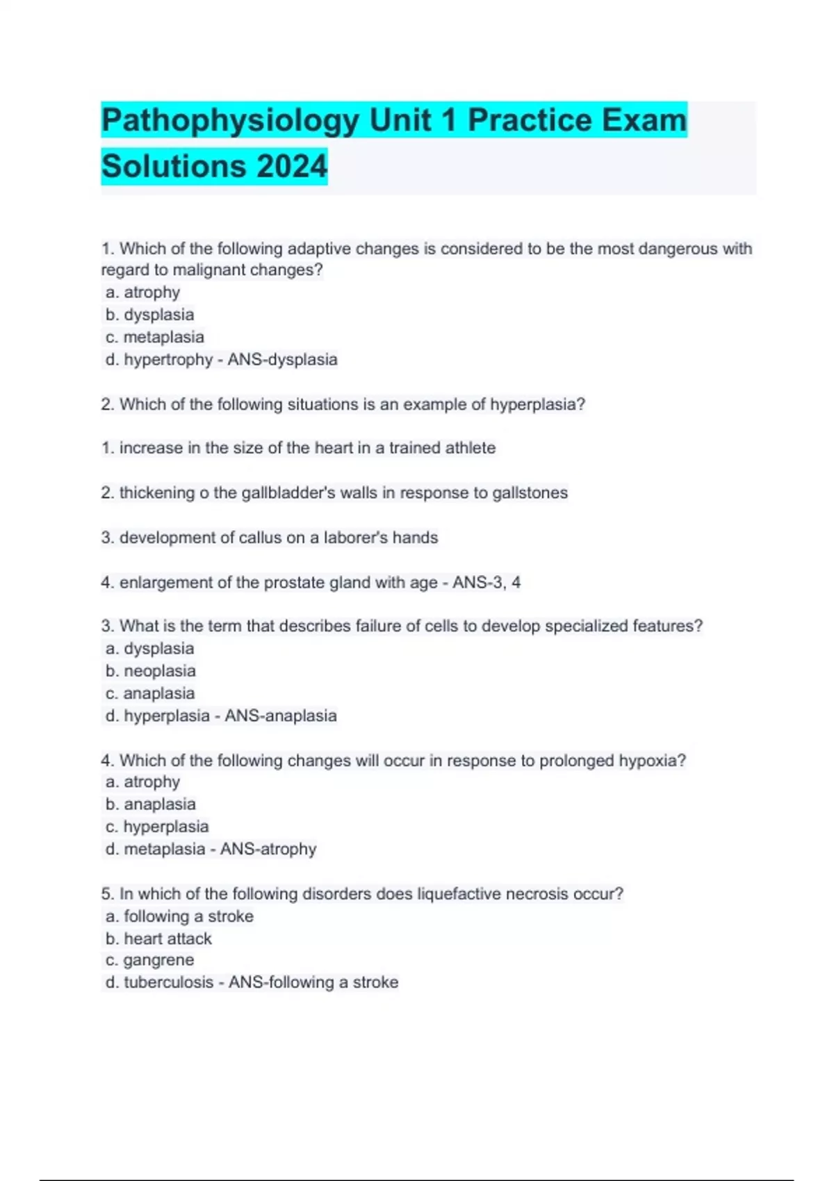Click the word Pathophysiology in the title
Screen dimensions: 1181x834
[230, 121]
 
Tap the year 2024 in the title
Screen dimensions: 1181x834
[291, 167]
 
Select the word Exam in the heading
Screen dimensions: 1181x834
[644, 121]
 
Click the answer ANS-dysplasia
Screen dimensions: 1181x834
[282, 360]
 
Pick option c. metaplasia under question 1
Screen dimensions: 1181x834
[155, 338]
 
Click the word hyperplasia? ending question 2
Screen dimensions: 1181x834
[537, 404]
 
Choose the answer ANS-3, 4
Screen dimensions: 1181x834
[486, 582]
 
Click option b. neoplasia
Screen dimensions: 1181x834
[151, 671]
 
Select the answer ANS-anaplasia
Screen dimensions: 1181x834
[281, 716]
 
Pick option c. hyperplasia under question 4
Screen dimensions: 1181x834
[157, 827]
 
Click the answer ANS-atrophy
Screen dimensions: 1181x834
[268, 849]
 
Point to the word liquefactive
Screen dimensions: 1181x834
[459, 894]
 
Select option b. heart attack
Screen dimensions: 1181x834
[158, 939]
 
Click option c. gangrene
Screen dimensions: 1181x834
[150, 960]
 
